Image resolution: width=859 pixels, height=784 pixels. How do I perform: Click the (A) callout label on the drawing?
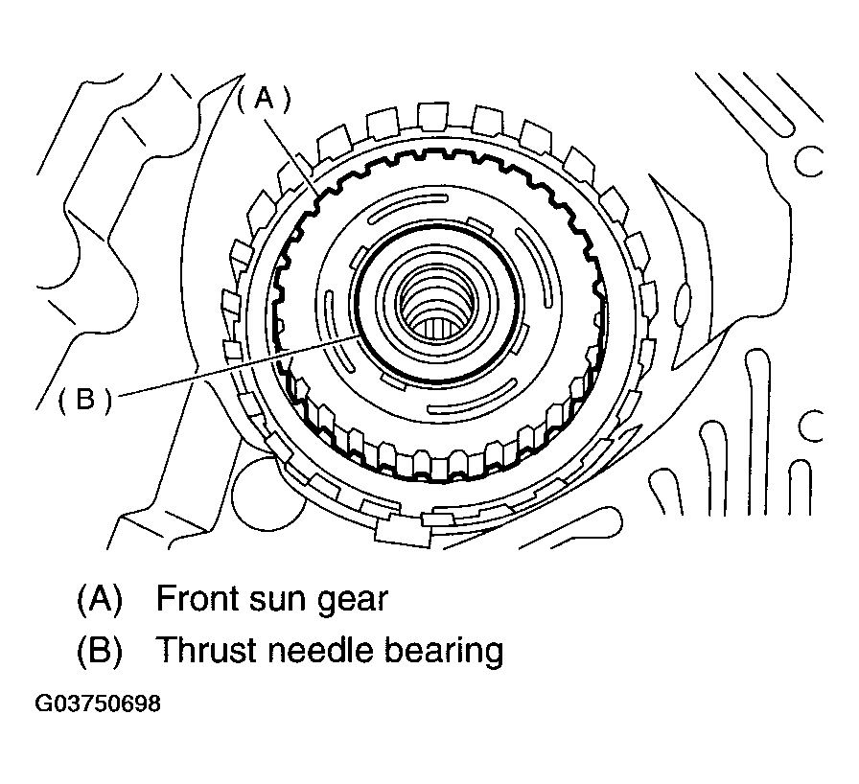click(264, 98)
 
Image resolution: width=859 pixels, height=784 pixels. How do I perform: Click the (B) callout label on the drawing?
click(84, 398)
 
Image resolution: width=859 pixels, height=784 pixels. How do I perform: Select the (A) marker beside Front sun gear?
click(99, 600)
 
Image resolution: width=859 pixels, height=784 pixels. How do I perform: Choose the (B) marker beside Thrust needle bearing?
click(99, 652)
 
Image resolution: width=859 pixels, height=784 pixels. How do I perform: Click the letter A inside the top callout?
click(264, 98)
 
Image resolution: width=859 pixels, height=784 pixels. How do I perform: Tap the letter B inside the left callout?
click(84, 398)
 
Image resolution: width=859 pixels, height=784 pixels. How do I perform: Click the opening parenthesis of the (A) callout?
click(244, 98)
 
